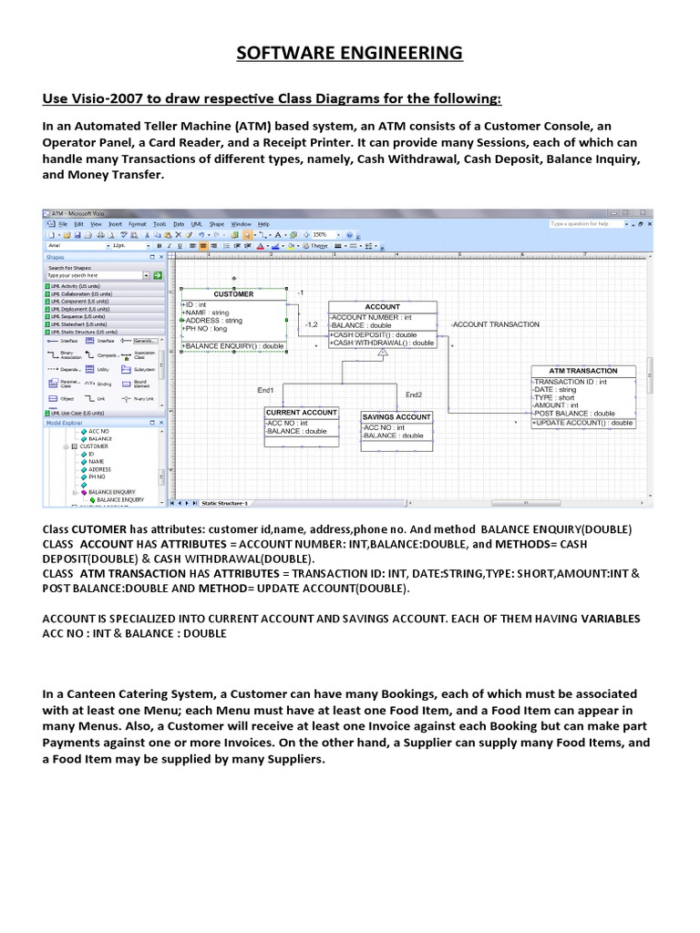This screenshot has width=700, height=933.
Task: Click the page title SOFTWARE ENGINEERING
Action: click(x=349, y=54)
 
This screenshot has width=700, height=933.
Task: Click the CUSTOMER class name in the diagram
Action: click(x=233, y=294)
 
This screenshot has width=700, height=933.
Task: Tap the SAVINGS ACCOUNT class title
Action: click(x=396, y=417)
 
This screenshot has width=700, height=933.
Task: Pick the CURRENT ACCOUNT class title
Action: click(x=301, y=413)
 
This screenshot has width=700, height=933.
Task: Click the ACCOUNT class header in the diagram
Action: click(x=382, y=307)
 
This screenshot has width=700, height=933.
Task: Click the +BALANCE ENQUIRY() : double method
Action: click(x=234, y=346)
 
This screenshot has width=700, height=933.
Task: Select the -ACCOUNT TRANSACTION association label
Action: click(x=495, y=324)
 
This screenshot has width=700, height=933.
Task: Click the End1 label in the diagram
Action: click(x=266, y=390)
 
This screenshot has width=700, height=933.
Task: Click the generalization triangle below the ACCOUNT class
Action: click(x=383, y=353)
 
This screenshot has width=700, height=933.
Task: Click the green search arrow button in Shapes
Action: click(x=157, y=274)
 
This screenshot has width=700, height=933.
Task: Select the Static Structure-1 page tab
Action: click(x=224, y=503)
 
